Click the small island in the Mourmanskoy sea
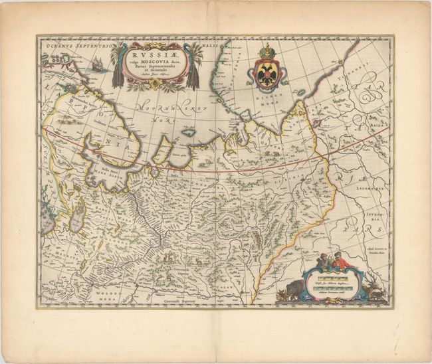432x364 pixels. pyautogui.click(x=188, y=132)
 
